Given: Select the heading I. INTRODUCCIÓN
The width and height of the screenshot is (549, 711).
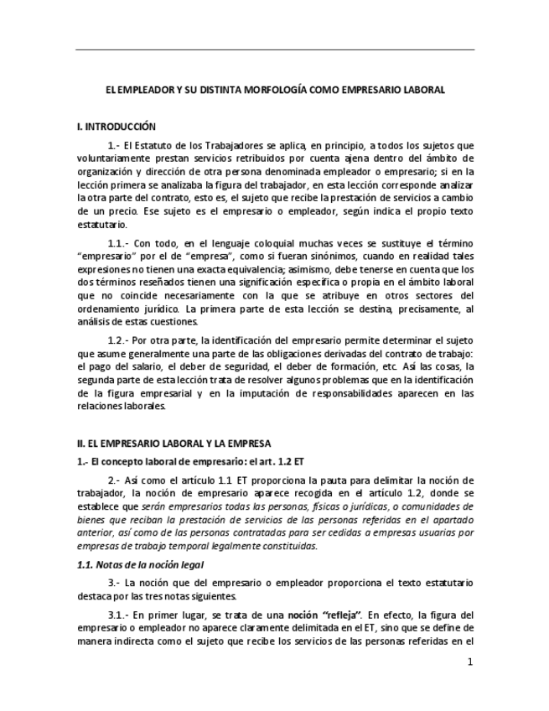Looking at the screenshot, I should pyautogui.click(x=117, y=127).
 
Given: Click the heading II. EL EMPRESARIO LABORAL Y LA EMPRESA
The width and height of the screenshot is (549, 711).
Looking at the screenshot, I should pyautogui.click(x=174, y=442).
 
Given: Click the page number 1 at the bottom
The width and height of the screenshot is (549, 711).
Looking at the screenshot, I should pyautogui.click(x=470, y=662).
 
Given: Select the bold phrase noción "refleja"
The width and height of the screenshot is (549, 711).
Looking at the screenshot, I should pyautogui.click(x=324, y=615).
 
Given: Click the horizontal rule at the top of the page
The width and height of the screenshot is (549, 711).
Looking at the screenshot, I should pyautogui.click(x=274, y=50).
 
